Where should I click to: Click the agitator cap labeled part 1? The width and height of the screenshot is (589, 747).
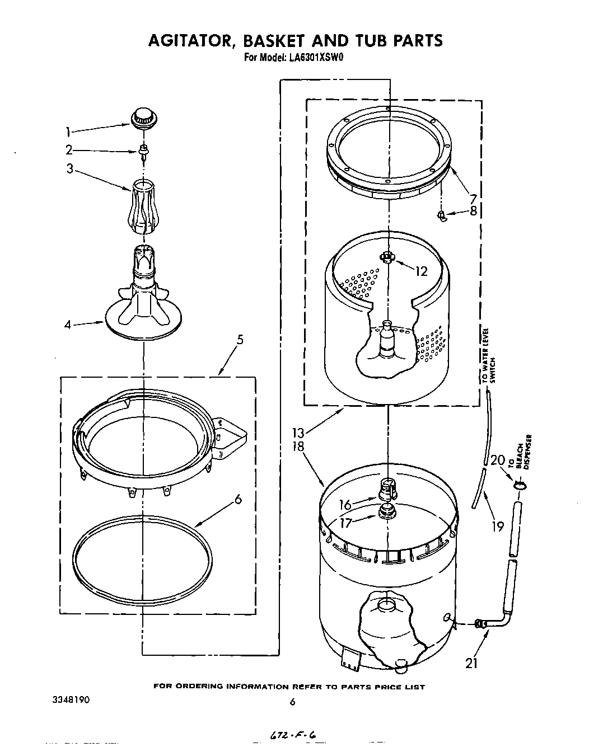tap(142, 119)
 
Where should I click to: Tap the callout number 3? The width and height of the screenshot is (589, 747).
tap(70, 168)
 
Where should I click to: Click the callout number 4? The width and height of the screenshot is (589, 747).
tap(68, 324)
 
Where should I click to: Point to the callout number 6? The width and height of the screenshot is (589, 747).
tap(238, 500)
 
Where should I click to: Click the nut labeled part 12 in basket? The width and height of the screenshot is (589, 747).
tap(386, 257)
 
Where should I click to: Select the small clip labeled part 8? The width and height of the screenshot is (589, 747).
tap(442, 215)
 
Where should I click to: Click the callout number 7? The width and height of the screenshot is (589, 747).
tap(473, 199)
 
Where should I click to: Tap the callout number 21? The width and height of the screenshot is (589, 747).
tap(471, 664)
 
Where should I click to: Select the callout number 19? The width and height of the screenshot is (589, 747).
tap(497, 526)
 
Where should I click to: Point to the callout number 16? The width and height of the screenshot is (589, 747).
tap(345, 505)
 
